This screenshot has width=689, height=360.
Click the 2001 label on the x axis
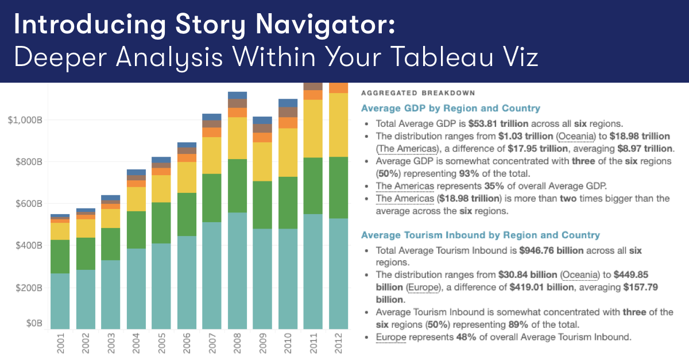60,343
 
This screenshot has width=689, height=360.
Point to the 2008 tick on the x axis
238,343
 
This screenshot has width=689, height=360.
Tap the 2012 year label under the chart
339,343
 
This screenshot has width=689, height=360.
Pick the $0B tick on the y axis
32,324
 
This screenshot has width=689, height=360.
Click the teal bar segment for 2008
238,270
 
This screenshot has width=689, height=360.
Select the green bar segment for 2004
136,230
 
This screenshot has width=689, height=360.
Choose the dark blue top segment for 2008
238,95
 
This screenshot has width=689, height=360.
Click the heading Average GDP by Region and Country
450,108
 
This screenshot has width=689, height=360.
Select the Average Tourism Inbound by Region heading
480,235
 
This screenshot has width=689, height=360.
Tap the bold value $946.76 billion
551,250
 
